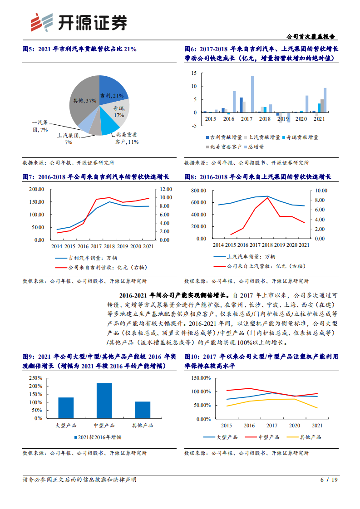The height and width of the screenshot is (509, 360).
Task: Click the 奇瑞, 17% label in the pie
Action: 119,112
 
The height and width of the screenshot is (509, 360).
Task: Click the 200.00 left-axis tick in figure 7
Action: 36,189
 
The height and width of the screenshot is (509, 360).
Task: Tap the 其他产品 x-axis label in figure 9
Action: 143,426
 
